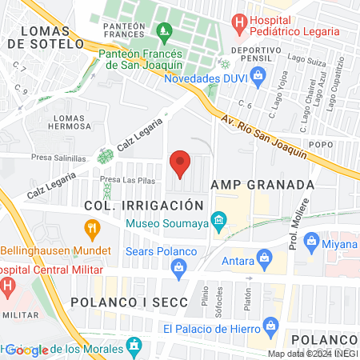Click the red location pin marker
[x=180, y=163]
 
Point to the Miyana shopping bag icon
[x=312, y=242]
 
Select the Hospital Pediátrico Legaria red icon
[x=238, y=22]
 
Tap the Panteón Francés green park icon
[x=165, y=34]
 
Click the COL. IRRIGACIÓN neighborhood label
[x=139, y=206]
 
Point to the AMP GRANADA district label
[x=262, y=184]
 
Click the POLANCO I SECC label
[x=128, y=302]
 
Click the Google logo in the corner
[x=26, y=350]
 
